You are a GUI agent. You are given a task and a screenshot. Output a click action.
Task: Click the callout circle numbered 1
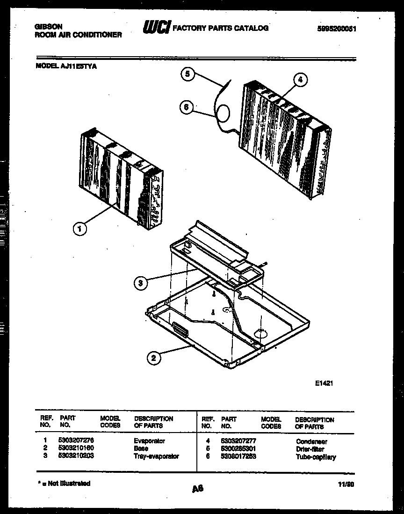pyautogui.click(x=80, y=229)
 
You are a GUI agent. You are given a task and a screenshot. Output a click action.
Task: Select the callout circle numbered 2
pyautogui.click(x=154, y=359)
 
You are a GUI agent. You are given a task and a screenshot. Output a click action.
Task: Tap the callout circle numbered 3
pyautogui.click(x=140, y=282)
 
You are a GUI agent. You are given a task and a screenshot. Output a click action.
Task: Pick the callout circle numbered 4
pyautogui.click(x=300, y=80)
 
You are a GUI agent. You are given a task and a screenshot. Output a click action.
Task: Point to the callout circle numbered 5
pyautogui.click(x=188, y=74)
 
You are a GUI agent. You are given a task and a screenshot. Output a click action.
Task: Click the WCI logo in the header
pyautogui.click(x=157, y=28)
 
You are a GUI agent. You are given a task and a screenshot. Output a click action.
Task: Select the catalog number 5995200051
pyautogui.click(x=337, y=28)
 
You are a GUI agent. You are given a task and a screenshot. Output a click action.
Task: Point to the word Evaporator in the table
pyautogui.click(x=149, y=441)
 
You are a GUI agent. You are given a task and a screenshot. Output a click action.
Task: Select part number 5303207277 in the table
pyautogui.click(x=238, y=441)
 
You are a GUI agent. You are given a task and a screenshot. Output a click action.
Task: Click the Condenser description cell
pyautogui.click(x=311, y=441)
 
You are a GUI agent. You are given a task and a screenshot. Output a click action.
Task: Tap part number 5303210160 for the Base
pyautogui.click(x=76, y=448)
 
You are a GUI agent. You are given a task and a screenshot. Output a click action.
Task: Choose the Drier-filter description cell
pyautogui.click(x=310, y=449)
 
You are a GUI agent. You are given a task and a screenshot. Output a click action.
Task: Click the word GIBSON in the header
pyautogui.click(x=48, y=27)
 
